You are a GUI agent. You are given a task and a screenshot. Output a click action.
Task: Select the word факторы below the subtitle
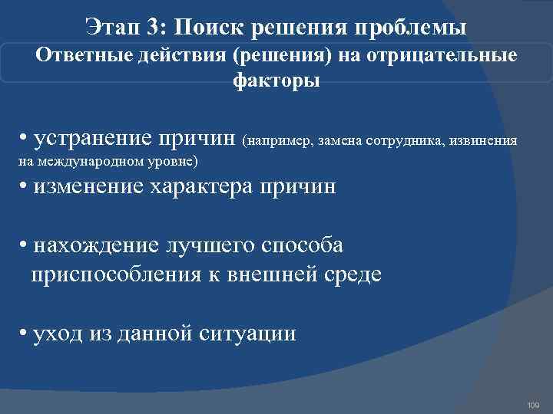276,80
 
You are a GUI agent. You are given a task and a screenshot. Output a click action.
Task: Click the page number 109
534,404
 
